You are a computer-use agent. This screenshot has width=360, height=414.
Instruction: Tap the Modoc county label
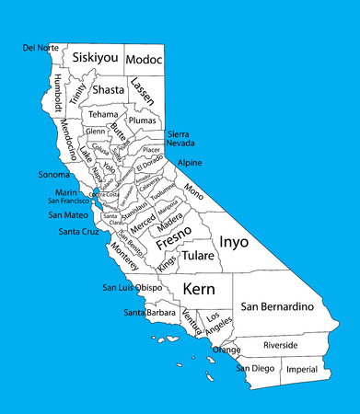[144, 59]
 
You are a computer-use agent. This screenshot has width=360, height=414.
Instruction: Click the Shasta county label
[108, 89]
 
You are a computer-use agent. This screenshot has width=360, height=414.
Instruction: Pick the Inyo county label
[233, 241]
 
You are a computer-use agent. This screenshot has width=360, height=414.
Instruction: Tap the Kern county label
[199, 289]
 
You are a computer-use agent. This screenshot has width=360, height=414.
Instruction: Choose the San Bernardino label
[278, 305]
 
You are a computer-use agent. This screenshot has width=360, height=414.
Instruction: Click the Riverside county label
[281, 345]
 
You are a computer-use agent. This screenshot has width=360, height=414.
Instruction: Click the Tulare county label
[198, 255]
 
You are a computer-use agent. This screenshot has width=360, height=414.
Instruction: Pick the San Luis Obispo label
[133, 288]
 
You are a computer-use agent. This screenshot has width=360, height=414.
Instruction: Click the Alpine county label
[190, 163]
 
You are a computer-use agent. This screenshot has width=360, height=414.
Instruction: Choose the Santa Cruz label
[78, 232]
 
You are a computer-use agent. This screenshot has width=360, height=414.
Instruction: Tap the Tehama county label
[103, 114]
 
